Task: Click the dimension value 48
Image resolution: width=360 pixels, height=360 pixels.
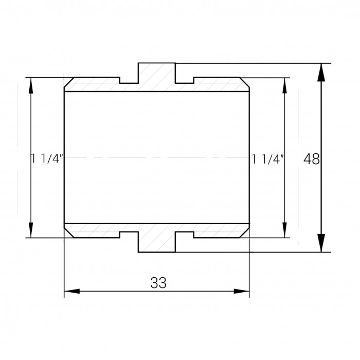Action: (311, 159)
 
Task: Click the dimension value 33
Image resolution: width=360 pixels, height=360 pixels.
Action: (158, 283)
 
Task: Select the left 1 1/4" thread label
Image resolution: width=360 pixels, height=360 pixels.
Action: (47, 158)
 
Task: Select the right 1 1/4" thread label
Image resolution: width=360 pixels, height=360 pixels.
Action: (268, 159)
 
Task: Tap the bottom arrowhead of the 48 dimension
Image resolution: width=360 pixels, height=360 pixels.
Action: (321, 243)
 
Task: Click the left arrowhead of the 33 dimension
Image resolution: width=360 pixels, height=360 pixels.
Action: (72, 291)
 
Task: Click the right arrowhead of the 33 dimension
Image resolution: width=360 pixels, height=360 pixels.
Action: (242, 291)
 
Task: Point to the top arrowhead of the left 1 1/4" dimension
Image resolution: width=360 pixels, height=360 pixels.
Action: (31, 85)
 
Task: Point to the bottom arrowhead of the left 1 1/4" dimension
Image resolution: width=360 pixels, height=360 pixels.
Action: (31, 230)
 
